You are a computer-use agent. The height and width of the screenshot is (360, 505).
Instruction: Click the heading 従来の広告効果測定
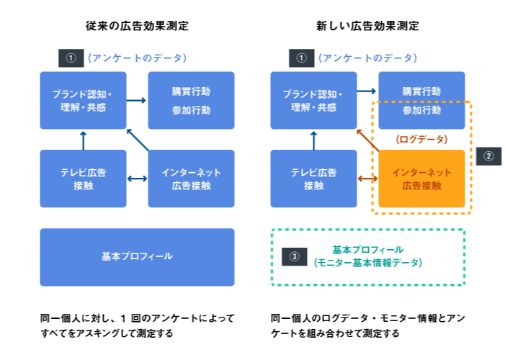pyautogui.click(x=137, y=26)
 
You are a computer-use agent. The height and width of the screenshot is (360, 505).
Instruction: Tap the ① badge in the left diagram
pyautogui.click(x=71, y=58)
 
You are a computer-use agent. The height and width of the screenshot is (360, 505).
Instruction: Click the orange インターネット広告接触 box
pyautogui.click(x=421, y=179)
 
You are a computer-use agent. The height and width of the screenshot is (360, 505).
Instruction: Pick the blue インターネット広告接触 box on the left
pyautogui.click(x=191, y=179)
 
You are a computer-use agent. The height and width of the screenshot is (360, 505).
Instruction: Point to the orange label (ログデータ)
pyautogui.click(x=421, y=139)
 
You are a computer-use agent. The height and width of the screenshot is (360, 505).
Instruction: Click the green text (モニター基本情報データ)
pyautogui.click(x=368, y=263)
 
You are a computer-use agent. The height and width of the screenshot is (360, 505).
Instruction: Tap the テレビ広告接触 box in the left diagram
pyautogui.click(x=83, y=179)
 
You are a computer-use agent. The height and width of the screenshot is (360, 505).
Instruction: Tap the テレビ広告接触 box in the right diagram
pyautogui.click(x=313, y=179)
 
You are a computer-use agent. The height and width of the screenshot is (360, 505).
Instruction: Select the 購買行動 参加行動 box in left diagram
pyautogui.click(x=191, y=100)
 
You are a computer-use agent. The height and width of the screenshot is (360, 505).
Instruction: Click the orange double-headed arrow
pyautogui.click(x=367, y=179)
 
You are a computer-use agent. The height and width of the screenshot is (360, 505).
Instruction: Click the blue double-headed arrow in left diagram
pyautogui.click(x=137, y=179)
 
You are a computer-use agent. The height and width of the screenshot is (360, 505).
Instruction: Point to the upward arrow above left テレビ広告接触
pyautogui.click(x=83, y=139)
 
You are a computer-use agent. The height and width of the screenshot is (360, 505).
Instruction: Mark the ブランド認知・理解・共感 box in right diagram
pyautogui.click(x=313, y=100)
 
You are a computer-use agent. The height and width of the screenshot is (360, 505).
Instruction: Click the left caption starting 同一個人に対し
pyautogui.click(x=137, y=325)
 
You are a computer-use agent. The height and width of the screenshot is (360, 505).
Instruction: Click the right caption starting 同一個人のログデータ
pyautogui.click(x=367, y=325)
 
